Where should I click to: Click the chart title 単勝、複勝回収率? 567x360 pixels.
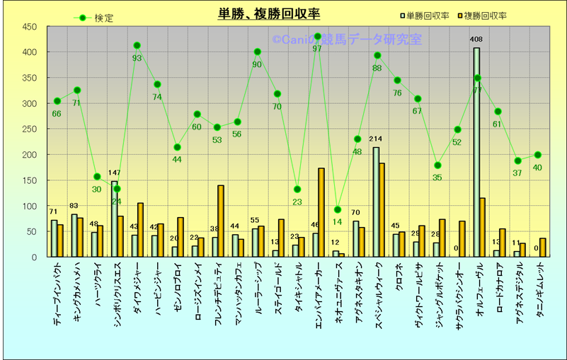point(268,14)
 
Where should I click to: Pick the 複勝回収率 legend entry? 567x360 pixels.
point(481,16)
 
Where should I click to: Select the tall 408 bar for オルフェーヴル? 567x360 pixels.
point(476,152)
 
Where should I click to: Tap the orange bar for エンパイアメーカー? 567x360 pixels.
point(321,212)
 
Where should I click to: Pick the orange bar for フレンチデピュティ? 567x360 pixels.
point(221,221)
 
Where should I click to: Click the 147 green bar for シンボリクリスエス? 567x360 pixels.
point(114,219)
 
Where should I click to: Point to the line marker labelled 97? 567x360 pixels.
point(317,36)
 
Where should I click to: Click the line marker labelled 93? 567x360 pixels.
point(137,45)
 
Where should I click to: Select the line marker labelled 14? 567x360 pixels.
point(337,209)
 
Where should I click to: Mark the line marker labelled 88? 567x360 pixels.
point(377,55)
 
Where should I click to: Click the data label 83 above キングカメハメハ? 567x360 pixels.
point(74,207)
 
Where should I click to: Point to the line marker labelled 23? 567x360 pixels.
point(297,189)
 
